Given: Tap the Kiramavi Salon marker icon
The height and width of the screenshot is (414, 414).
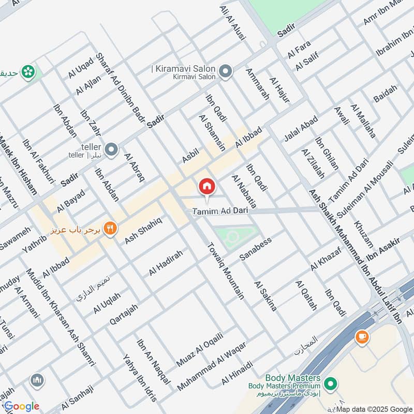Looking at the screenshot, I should click(225, 71).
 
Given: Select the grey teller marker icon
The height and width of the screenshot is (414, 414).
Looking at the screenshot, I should click(111, 150).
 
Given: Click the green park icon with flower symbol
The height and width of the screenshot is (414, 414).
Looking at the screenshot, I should click(28, 71).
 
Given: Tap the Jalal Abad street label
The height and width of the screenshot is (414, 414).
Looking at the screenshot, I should click(301, 128).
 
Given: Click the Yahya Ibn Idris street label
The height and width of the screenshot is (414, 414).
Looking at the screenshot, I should click(139, 378).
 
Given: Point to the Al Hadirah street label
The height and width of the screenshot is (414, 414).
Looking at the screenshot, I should click(166, 262).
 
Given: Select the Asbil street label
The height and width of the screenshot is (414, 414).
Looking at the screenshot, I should click(190, 154).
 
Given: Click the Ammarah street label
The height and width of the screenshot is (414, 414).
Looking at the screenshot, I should click(257, 84).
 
